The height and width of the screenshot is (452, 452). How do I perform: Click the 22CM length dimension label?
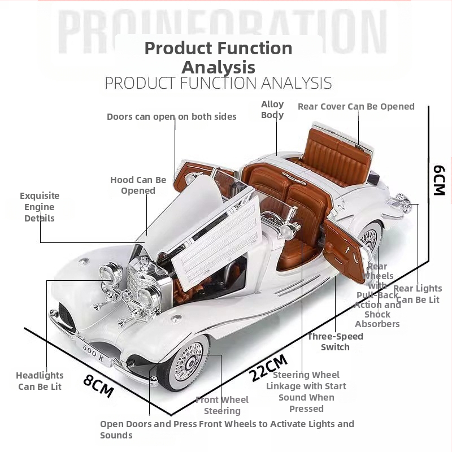[269, 366]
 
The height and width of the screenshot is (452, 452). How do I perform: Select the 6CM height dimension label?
[440, 180]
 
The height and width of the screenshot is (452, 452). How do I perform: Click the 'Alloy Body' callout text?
[272, 110]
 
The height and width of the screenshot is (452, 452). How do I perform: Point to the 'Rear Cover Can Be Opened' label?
[356, 106]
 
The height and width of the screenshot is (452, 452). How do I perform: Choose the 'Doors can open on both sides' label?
[172, 116]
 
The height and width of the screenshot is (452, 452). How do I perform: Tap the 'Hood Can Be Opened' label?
[138, 185]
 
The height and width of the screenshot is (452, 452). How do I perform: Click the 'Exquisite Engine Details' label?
[40, 207]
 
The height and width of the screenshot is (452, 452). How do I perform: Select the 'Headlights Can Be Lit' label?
[40, 381]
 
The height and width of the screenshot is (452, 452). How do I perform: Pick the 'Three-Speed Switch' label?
[335, 342]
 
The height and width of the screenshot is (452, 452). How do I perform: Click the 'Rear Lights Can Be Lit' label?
[418, 294]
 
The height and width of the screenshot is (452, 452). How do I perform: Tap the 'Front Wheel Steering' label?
[222, 405]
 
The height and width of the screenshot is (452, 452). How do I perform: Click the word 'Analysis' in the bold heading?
[218, 67]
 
